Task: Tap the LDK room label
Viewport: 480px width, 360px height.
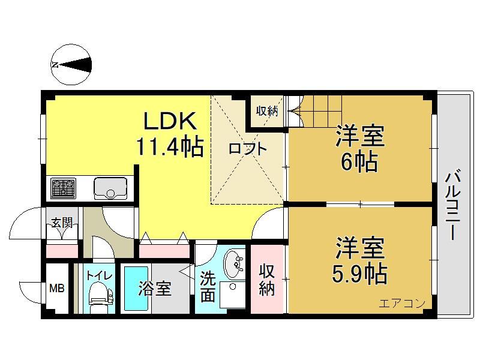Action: pyautogui.click(x=170, y=121)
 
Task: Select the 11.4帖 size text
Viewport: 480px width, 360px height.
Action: pyautogui.click(x=170, y=147)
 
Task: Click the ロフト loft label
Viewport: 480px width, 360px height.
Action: pyautogui.click(x=248, y=149)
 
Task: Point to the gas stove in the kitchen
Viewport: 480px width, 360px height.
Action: pyautogui.click(x=64, y=188)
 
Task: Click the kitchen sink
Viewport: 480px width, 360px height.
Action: pyautogui.click(x=110, y=188)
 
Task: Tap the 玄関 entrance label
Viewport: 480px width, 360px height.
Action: pyautogui.click(x=62, y=223)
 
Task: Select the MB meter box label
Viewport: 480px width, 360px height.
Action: pyautogui.click(x=57, y=288)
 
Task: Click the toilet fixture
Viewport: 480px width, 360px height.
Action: pyautogui.click(x=100, y=293)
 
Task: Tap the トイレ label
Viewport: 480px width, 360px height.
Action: pyautogui.click(x=100, y=275)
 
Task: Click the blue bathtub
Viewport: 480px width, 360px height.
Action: pyautogui.click(x=136, y=289)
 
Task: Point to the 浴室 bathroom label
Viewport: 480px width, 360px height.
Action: pyautogui.click(x=155, y=289)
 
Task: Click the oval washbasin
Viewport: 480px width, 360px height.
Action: pyautogui.click(x=235, y=264)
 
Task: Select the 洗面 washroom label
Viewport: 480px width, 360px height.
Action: pyautogui.click(x=208, y=287)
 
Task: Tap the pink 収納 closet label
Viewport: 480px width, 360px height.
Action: pyautogui.click(x=266, y=280)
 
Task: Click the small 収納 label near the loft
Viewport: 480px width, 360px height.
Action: pyautogui.click(x=267, y=111)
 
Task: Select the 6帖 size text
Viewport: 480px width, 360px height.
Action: pyautogui.click(x=359, y=162)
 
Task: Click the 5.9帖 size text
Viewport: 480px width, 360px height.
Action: pyautogui.click(x=359, y=274)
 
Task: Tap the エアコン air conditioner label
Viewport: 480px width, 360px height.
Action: pyautogui.click(x=402, y=304)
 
